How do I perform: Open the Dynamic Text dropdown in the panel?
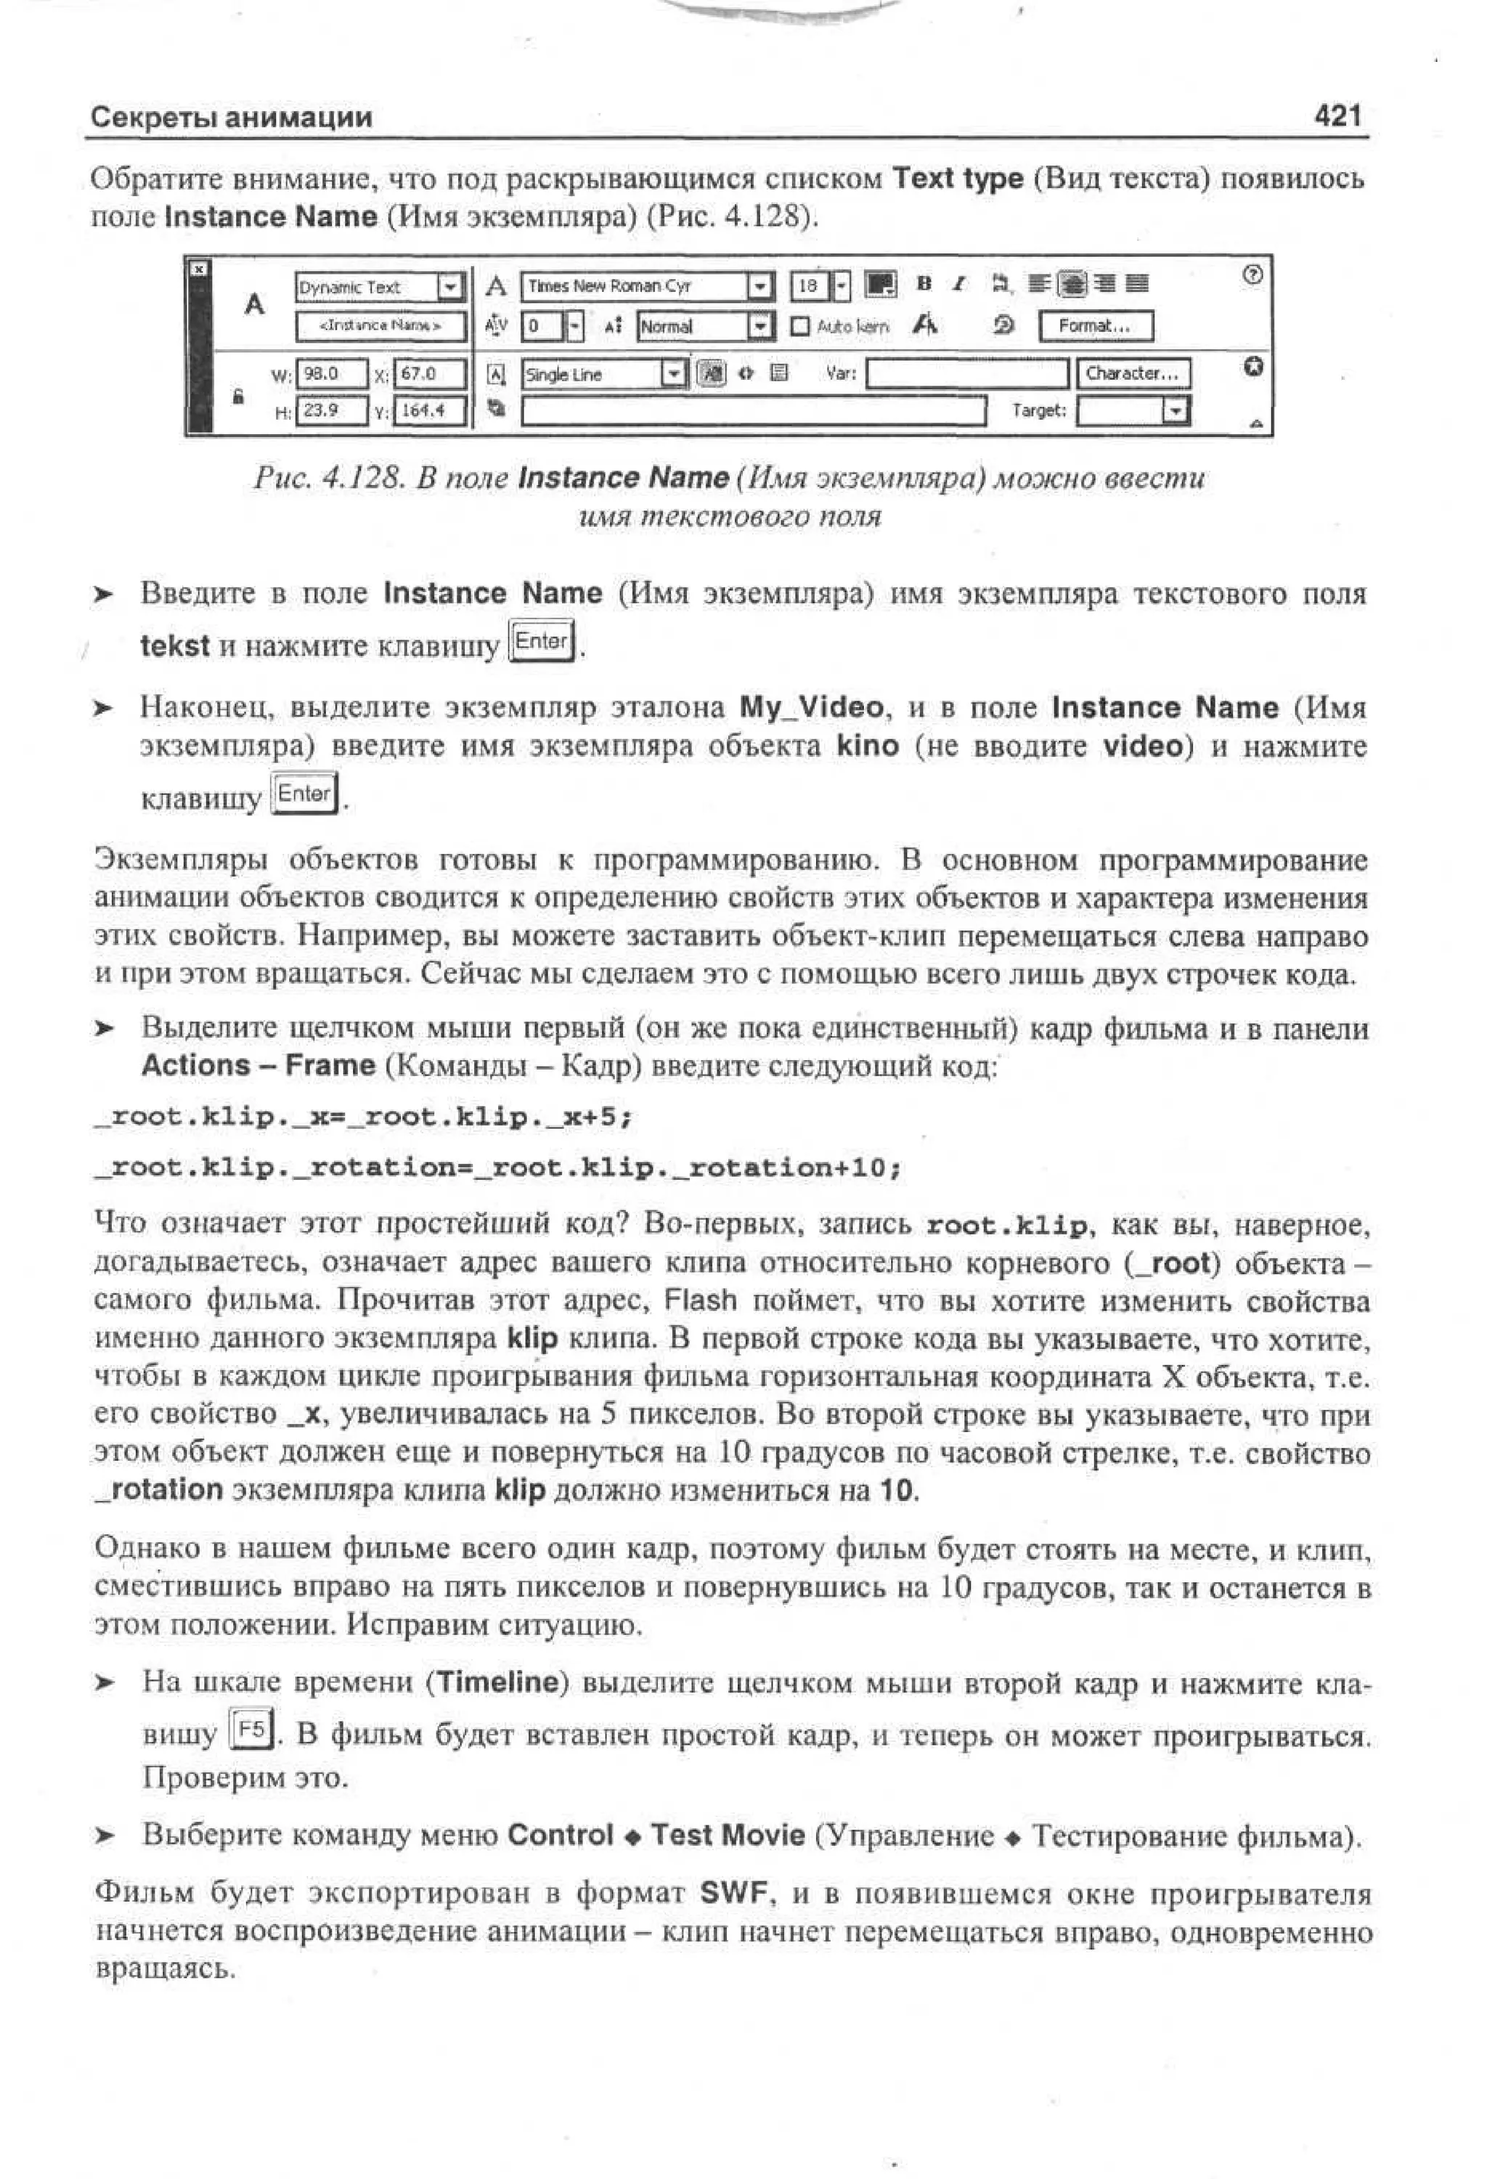452,286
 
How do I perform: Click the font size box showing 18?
809,285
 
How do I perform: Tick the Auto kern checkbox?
799,326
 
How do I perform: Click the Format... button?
1095,325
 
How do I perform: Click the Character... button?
1133,373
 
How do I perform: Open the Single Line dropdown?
673,374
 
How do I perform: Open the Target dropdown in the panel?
1174,411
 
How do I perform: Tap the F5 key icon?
251,1728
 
